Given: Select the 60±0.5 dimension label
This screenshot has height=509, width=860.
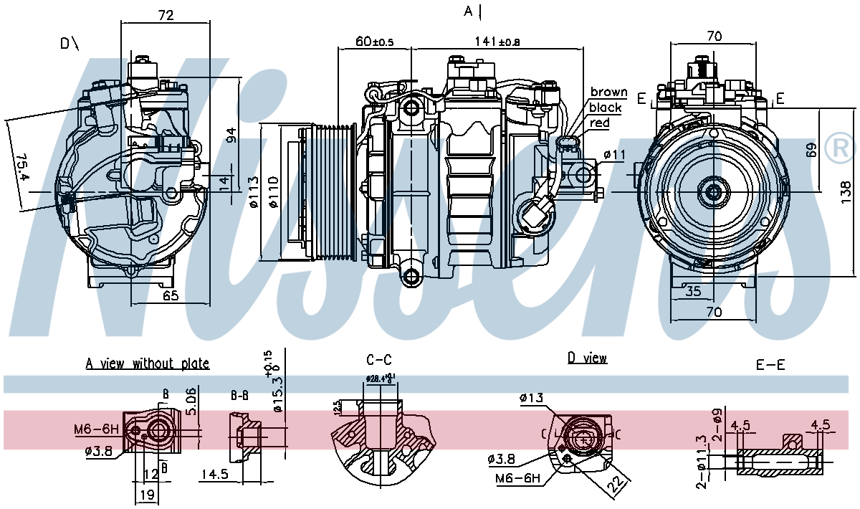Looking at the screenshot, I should [375, 42].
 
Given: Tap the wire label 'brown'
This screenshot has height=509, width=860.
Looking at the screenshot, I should [608, 92].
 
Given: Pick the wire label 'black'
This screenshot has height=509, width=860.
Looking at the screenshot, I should [605, 108].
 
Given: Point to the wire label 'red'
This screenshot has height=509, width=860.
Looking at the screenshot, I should [599, 123].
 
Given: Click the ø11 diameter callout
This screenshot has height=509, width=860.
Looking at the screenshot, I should [614, 154].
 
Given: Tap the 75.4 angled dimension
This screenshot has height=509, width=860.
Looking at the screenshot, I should [20, 166].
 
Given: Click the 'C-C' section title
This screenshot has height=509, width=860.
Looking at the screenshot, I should [378, 360].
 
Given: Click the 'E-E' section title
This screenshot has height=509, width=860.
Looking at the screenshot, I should [770, 365].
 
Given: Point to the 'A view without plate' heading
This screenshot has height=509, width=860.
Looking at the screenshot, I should [148, 363].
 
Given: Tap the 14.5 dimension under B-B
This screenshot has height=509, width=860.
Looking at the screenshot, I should [214, 474].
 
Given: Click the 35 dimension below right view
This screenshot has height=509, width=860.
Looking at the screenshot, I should [692, 291].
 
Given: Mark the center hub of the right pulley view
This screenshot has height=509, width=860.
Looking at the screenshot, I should [713, 191].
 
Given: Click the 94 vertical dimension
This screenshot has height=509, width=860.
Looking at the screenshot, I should [231, 135].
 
